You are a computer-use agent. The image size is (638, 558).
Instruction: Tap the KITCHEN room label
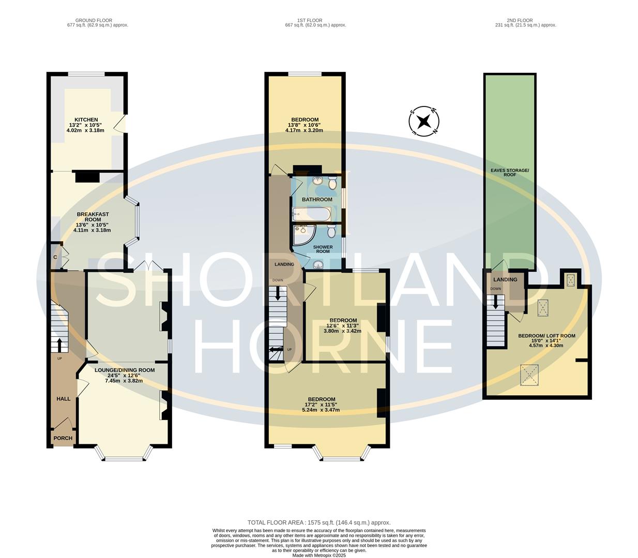tap(86, 120)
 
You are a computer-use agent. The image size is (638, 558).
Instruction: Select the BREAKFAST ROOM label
tap(89, 217)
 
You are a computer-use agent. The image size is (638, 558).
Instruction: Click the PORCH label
tap(63, 438)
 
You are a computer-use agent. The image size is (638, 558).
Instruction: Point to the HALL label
tap(63, 399)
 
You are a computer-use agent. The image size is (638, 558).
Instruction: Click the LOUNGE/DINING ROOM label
tap(124, 370)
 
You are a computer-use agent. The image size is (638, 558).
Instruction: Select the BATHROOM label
tap(317, 199)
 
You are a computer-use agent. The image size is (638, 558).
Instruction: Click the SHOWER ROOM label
tap(323, 249)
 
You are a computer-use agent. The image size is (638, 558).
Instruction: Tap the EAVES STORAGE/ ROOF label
tap(510, 173)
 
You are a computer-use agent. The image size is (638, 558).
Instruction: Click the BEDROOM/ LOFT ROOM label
tap(546, 336)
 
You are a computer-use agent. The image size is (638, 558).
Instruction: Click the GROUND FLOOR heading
tap(94, 21)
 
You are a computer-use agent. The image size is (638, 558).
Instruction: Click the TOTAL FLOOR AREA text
tap(318, 522)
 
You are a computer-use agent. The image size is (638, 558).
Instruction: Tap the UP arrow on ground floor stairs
tap(59, 344)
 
